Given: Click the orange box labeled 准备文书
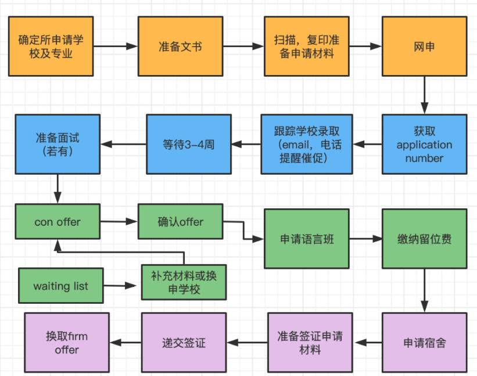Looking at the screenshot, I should tap(180, 46).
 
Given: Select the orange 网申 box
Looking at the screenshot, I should tap(424, 46).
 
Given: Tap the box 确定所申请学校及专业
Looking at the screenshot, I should tap(51, 46).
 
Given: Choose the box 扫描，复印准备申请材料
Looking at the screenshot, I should tap(306, 46).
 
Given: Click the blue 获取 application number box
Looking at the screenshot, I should tap(424, 144).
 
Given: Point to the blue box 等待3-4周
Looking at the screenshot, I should tap(188, 144).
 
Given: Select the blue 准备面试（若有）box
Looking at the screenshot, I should tap(57, 144).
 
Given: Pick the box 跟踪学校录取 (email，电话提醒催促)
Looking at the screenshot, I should tap(306, 144).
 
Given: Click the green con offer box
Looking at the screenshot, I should tap(57, 221).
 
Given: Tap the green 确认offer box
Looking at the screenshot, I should tap(180, 221).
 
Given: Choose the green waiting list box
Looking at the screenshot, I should tap(60, 286).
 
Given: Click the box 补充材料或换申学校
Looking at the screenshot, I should tap(184, 282).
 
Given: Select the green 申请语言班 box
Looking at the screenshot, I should tap(307, 239).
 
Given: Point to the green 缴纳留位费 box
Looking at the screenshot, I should tap(424, 239).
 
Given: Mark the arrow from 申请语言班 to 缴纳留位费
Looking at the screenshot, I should tap(365, 239).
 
